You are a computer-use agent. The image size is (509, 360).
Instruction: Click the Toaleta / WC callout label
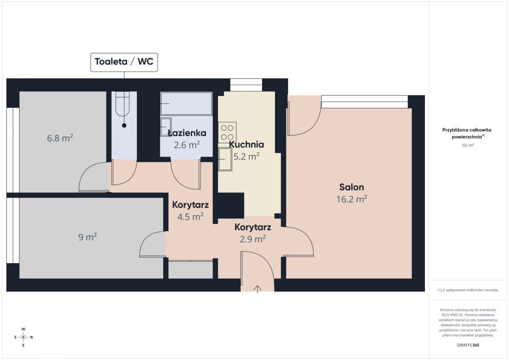124,62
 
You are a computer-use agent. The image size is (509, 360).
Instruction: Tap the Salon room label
352,187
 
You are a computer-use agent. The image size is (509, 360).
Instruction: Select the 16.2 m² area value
352,199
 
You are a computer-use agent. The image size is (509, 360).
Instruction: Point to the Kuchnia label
246,145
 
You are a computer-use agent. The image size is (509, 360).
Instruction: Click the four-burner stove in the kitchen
227,133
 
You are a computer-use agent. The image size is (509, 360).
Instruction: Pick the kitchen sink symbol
225,159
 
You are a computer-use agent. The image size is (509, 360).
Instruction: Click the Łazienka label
187,133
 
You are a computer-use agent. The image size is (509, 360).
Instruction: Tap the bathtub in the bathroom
186,103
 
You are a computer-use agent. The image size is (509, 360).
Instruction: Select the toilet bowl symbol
123,104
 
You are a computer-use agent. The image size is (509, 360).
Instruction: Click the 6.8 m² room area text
60,138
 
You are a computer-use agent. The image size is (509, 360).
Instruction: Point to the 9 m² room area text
87,237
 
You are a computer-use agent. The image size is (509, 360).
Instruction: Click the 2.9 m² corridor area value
253,239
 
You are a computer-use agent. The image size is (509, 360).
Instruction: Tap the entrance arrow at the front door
257,289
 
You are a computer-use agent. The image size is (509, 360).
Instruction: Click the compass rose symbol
23,337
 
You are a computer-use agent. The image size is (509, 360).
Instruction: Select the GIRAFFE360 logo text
468,345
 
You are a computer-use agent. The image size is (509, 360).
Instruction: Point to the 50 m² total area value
468,145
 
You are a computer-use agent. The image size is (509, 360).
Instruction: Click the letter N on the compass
31,337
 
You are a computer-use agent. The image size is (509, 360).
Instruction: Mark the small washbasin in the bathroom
166,127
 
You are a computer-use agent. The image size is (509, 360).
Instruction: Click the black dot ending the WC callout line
124,126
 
